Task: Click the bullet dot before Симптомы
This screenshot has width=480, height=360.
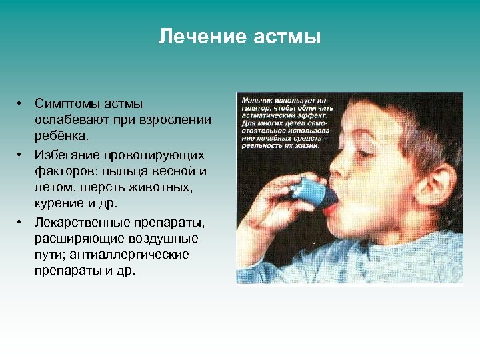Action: point(21,103)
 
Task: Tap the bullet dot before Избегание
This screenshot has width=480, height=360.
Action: point(21,155)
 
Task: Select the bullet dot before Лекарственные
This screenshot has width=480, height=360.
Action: point(21,222)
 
